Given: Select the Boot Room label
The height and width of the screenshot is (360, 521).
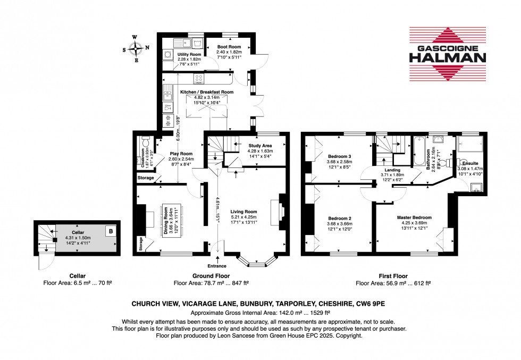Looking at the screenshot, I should (x=229, y=47).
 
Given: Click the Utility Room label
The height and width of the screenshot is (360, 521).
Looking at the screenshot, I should (x=189, y=54).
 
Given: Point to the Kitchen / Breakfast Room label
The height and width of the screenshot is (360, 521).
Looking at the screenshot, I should (x=207, y=92).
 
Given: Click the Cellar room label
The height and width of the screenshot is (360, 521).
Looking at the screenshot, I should (x=78, y=232).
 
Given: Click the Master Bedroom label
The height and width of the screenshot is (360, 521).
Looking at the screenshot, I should (x=414, y=217).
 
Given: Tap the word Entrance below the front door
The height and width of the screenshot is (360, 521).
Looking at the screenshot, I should (x=217, y=266).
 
